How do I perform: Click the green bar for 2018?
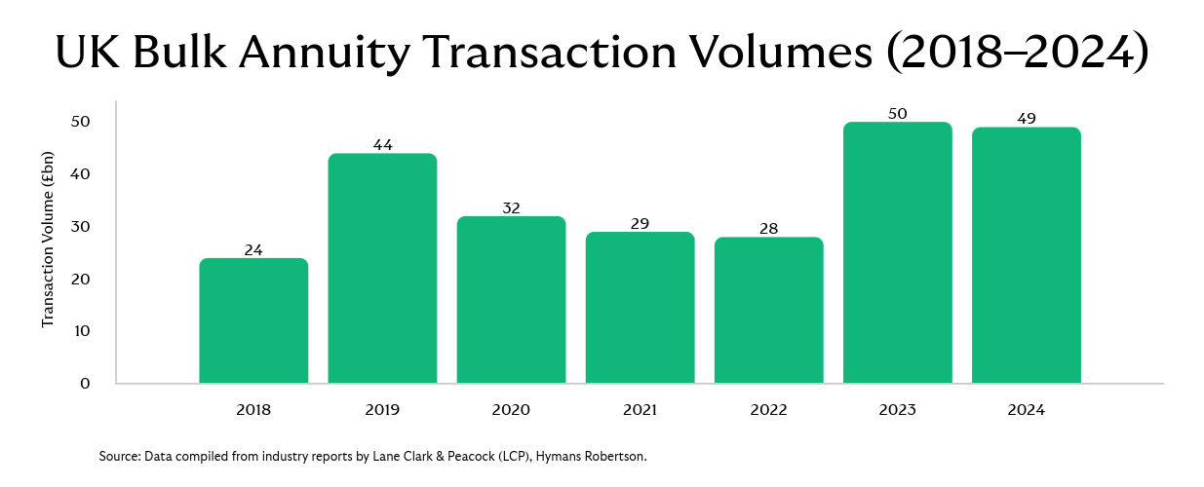point(253,320)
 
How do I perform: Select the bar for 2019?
point(382,268)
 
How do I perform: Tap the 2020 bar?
point(511,299)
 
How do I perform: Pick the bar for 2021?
point(640,307)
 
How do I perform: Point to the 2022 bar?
point(768,310)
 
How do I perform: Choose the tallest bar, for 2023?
point(897,252)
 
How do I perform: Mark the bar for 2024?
point(1026,255)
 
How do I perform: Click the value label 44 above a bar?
point(382,145)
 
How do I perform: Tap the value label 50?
point(897,114)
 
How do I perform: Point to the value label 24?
point(253,249)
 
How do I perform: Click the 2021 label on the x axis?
point(640,410)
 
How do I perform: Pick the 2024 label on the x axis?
point(1026,410)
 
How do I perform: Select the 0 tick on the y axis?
point(85,383)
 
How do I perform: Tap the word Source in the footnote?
point(118,456)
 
